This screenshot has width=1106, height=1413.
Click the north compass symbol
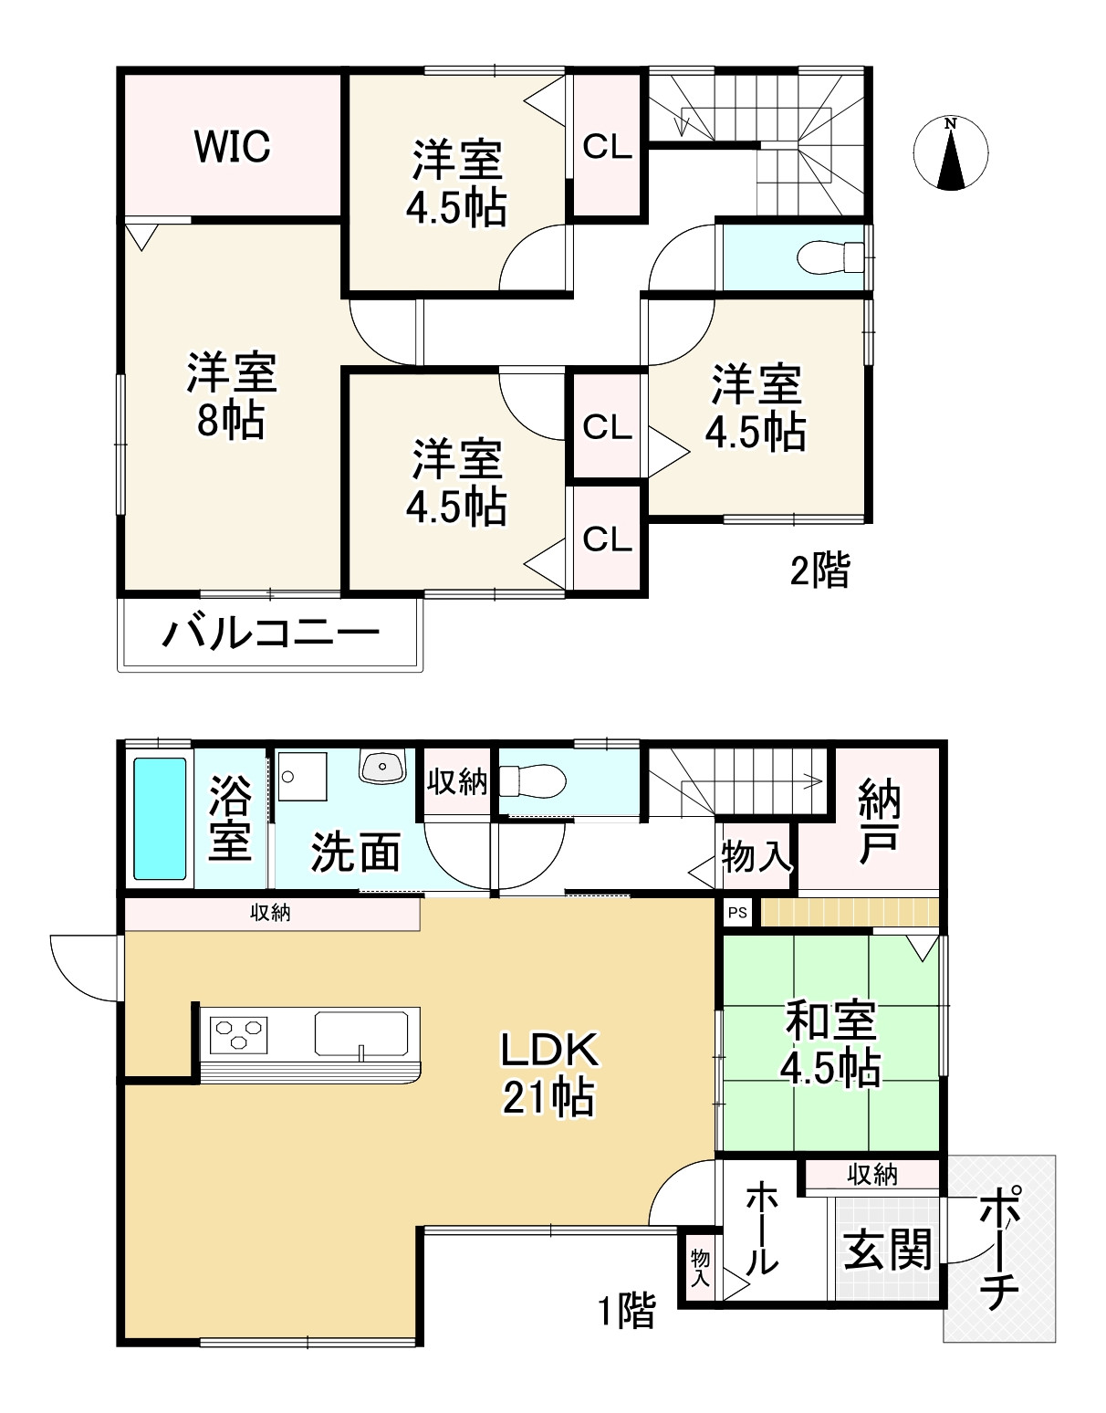[951, 154]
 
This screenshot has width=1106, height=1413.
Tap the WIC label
[232, 146]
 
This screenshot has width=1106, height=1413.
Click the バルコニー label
[270, 633]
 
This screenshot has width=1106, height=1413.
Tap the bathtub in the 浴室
[160, 818]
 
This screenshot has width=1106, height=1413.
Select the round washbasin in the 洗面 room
[383, 767]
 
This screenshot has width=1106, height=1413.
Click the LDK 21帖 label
[548, 1073]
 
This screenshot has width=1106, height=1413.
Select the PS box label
[737, 913]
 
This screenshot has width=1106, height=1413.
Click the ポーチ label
[998, 1248]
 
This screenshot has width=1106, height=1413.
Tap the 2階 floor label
[819, 571]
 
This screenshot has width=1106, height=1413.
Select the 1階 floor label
[626, 1312]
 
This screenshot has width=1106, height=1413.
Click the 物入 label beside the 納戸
[755, 857]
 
